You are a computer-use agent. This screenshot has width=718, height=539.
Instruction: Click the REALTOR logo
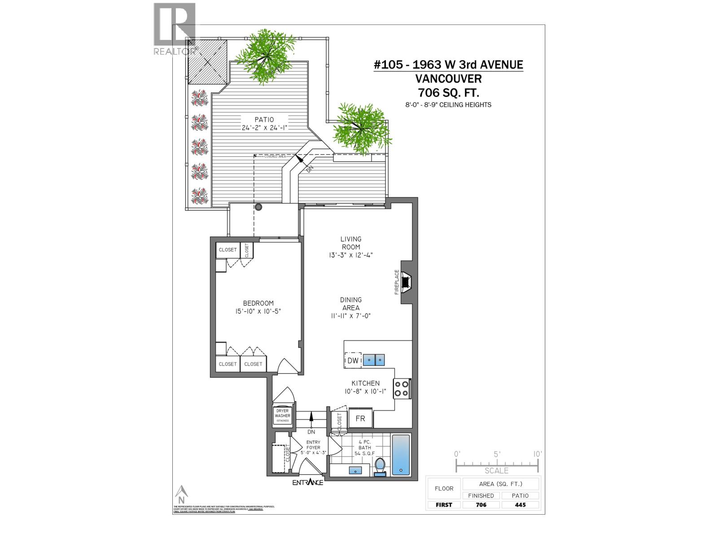click(x=175, y=29)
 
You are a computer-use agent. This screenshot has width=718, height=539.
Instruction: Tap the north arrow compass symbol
click(x=181, y=494)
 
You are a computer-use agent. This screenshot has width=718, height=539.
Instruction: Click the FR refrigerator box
click(x=360, y=419)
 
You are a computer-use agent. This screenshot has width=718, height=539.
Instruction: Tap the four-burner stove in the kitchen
click(x=402, y=389)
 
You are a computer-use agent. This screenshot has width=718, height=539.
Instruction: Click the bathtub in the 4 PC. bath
click(x=401, y=455)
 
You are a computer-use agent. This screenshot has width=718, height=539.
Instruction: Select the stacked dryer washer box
click(x=283, y=415)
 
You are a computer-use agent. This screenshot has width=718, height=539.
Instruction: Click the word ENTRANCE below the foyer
click(x=308, y=482)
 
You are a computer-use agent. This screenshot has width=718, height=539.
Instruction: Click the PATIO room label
click(x=264, y=119)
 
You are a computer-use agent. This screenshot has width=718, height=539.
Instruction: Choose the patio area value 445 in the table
click(x=521, y=504)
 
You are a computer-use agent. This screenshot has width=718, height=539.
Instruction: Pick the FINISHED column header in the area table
click(x=481, y=495)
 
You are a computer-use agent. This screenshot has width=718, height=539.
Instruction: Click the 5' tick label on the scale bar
click(x=497, y=454)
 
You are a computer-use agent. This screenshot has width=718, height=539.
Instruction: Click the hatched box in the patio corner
click(x=208, y=62)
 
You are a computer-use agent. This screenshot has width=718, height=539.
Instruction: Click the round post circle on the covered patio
click(x=258, y=207)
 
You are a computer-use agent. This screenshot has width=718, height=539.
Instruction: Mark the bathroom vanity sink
click(x=356, y=471)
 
